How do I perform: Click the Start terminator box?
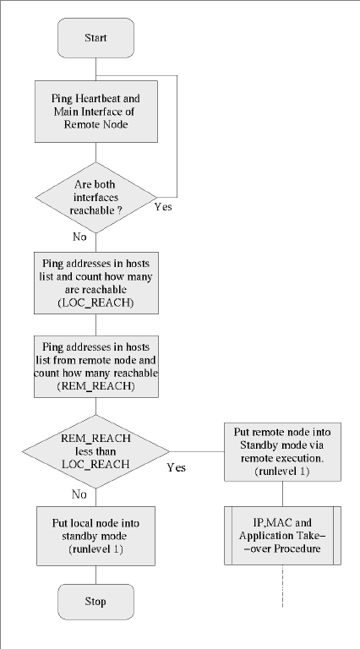[95, 38]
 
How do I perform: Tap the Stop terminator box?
[95, 602]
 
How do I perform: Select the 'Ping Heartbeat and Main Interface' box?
[96, 112]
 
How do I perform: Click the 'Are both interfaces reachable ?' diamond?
[96, 198]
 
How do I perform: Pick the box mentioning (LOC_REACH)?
[96, 283]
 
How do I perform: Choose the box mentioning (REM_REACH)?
[96, 367]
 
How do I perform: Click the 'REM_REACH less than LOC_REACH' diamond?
[95, 451]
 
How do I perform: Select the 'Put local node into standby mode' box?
[95, 536]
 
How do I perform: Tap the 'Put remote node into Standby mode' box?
[282, 451]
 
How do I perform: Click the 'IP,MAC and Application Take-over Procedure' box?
[282, 535]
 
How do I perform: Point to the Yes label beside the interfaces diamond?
[163, 206]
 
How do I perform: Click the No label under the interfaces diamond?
[79, 237]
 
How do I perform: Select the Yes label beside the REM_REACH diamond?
[177, 467]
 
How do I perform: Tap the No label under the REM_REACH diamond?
[79, 494]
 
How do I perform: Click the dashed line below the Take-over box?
[282, 586]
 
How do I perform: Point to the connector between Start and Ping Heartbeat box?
[95, 69]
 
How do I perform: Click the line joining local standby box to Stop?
[95, 575]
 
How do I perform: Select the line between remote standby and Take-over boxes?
[282, 494]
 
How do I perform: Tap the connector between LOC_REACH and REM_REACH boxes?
[96, 324]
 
